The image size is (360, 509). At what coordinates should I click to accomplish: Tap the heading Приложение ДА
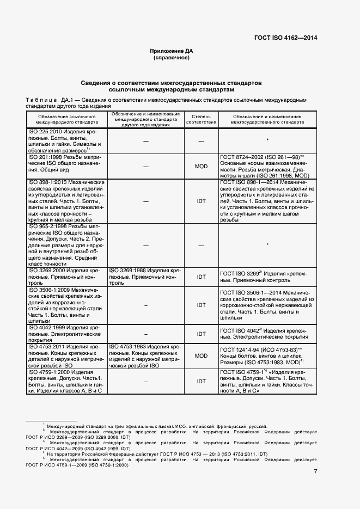pos(172,51)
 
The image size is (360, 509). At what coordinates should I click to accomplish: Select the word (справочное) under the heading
pos(172,57)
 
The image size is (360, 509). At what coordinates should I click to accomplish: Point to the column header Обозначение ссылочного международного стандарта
pos(68,120)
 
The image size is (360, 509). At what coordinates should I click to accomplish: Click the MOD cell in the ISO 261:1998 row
pos(201,166)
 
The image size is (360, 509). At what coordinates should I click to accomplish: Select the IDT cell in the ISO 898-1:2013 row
pos(201,200)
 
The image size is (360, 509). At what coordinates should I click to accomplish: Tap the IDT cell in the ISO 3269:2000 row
pos(201,277)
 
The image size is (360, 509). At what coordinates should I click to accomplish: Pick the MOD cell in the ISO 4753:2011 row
pos(201,355)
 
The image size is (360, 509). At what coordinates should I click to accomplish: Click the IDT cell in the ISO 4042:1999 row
pos(201,333)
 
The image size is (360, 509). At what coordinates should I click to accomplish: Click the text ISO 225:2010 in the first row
pos(45,132)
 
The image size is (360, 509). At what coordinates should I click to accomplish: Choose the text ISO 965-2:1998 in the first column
pos(48,226)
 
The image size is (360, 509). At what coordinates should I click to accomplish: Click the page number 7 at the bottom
pos(315,471)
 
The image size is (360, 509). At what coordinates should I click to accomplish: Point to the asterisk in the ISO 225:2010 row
pos(267,140)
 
